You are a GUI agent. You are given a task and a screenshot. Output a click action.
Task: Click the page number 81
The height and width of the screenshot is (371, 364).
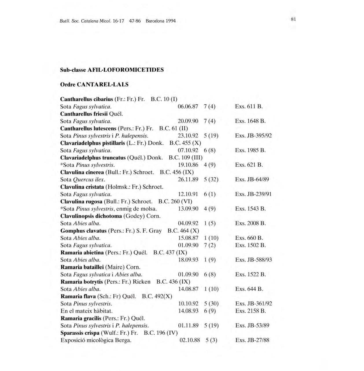293,19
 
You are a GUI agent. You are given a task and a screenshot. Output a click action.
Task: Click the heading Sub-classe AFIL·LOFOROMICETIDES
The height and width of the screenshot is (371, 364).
112,70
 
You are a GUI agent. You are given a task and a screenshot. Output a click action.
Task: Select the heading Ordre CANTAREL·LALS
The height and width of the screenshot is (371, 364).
94,85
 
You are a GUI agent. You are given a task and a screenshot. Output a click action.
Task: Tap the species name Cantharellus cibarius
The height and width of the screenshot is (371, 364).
87,99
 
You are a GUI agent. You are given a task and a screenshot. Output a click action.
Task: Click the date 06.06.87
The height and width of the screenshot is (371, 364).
188,107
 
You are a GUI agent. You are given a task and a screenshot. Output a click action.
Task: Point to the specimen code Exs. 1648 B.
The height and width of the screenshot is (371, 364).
250,121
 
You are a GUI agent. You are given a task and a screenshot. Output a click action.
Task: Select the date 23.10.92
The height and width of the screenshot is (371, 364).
188,136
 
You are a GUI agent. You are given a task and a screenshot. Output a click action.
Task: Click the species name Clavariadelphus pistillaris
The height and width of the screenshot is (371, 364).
93,143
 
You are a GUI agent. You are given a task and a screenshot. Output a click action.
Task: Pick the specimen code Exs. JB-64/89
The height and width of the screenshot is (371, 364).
252,179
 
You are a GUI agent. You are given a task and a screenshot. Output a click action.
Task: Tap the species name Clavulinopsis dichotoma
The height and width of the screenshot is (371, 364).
91,216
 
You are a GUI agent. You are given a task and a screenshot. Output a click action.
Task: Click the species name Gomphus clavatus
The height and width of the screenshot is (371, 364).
84,231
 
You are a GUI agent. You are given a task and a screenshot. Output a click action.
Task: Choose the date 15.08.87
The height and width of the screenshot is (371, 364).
188,238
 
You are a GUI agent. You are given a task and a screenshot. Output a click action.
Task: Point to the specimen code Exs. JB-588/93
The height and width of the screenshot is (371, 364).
254,260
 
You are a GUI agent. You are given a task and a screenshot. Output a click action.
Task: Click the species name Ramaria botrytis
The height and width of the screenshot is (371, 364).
82,281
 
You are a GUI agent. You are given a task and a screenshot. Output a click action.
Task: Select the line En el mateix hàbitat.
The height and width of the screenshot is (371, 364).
86,311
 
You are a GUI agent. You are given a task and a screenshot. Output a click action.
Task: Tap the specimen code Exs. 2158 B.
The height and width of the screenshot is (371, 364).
250,311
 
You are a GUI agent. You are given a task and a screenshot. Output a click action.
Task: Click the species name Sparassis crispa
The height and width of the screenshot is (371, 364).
80,333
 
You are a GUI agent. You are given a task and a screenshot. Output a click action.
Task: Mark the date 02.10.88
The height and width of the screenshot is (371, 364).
190,340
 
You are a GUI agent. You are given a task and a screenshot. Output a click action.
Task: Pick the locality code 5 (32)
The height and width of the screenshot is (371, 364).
211,179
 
